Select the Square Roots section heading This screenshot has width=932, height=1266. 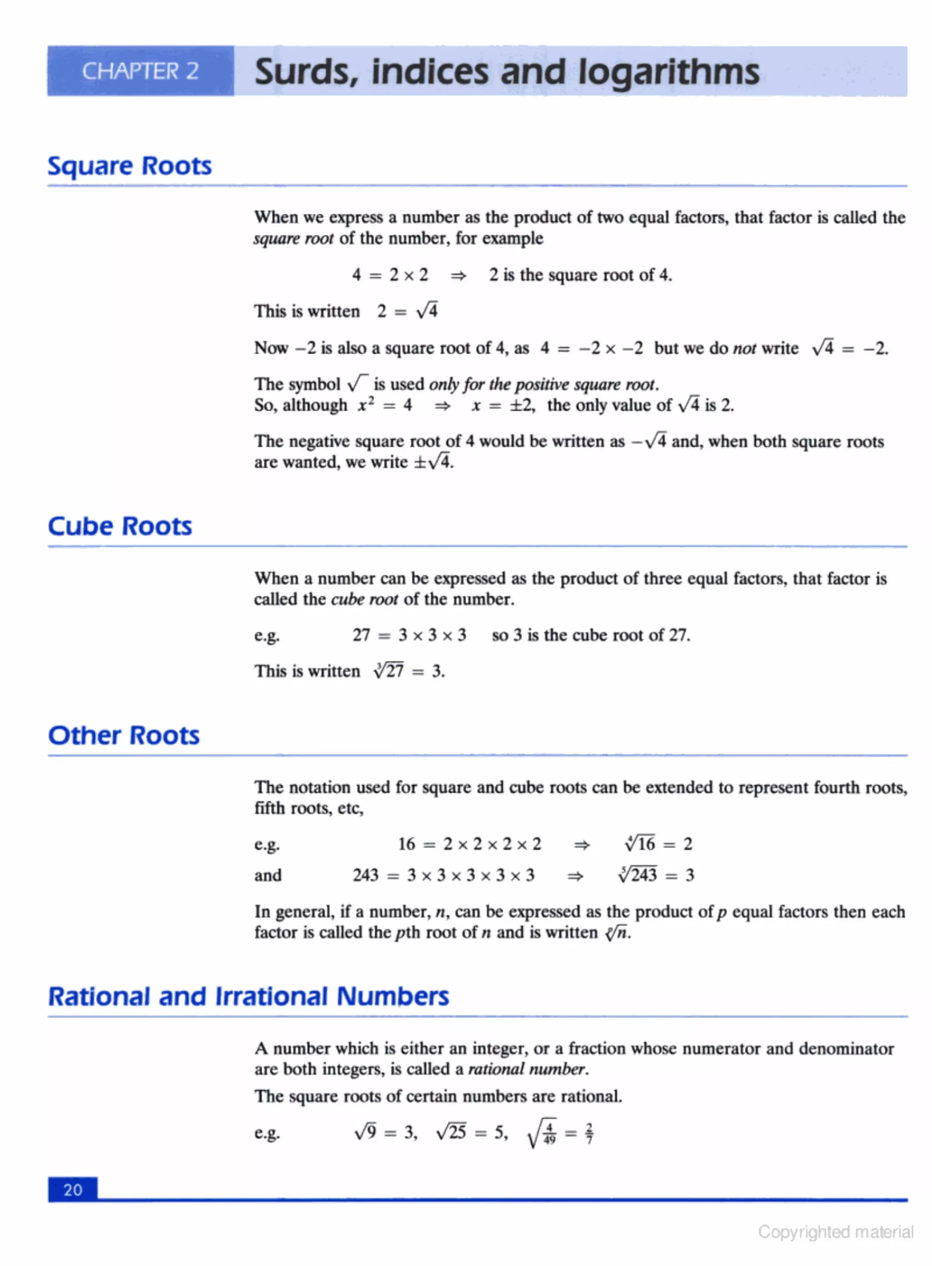(x=129, y=166)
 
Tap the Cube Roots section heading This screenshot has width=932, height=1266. (x=120, y=526)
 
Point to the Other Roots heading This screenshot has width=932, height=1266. (x=123, y=735)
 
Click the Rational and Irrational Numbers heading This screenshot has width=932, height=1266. (x=248, y=996)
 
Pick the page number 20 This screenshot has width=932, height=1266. (x=73, y=1190)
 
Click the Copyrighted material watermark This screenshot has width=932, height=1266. (x=835, y=1231)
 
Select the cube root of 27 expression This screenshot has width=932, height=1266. (x=389, y=671)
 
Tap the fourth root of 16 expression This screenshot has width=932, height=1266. (x=640, y=844)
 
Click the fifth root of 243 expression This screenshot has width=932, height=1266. (x=638, y=875)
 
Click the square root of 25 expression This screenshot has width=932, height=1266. (x=451, y=1132)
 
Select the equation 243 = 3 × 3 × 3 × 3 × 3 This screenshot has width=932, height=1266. (x=443, y=875)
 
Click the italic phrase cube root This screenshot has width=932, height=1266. (x=364, y=599)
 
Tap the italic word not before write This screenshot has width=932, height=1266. (x=744, y=348)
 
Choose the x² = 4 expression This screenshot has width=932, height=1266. (x=385, y=405)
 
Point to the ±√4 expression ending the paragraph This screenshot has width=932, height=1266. (x=433, y=463)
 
